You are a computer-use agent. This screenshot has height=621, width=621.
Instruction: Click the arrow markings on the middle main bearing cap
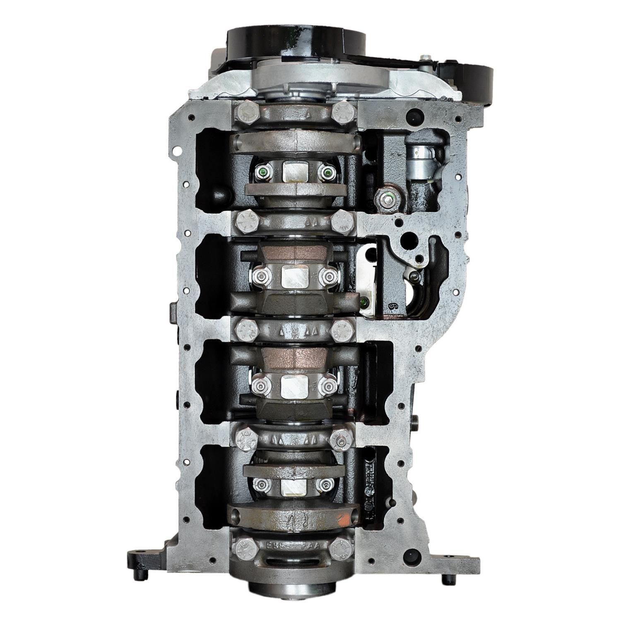click(296, 331)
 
